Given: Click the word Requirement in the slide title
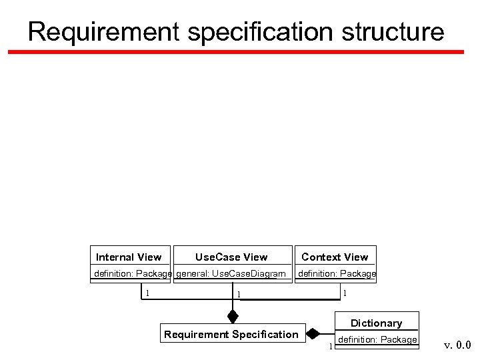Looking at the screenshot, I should point(103,31).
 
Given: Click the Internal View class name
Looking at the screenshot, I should point(129,257).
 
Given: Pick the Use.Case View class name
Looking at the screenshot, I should point(231,257).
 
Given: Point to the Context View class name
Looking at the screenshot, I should point(335,257).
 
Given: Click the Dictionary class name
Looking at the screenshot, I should point(376,323).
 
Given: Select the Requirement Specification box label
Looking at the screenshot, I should point(231,335).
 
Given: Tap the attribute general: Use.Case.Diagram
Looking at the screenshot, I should point(231,273).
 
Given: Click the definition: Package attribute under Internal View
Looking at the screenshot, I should point(133,273).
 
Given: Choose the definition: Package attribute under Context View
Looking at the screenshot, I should point(337,273).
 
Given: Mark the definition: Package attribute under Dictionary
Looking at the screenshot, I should point(377,340).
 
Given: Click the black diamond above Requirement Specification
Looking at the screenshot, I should point(232,314).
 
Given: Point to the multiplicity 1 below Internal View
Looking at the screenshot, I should point(147,292).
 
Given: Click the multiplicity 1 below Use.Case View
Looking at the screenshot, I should point(239,294).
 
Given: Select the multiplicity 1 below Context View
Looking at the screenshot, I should point(344,292).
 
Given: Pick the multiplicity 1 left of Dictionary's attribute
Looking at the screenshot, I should point(330,345).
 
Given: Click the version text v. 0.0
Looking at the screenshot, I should point(457,345).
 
